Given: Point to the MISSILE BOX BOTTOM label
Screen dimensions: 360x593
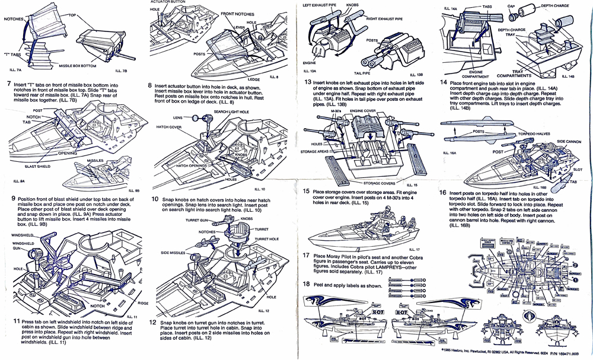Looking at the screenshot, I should click(x=77, y=65).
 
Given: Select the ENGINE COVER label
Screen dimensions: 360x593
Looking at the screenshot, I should click(x=364, y=110).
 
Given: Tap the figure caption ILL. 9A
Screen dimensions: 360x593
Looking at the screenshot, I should click(x=18, y=180).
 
